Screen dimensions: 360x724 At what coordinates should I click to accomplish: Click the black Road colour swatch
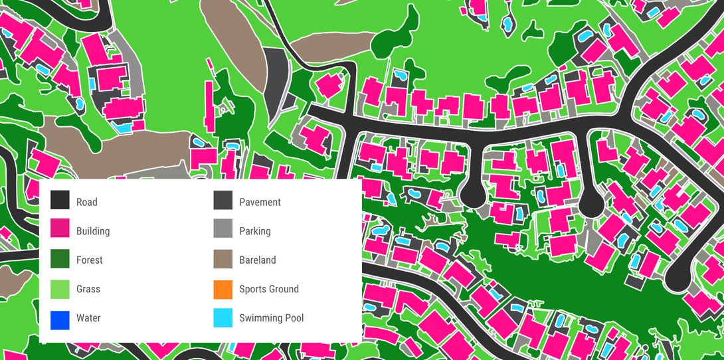[60, 202]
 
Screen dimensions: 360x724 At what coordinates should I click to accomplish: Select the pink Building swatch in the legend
[60, 231]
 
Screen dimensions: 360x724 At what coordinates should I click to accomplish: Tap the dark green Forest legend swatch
[60, 260]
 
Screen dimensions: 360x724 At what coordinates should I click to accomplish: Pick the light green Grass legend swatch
[60, 289]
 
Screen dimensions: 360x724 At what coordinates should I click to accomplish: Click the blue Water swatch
[60, 318]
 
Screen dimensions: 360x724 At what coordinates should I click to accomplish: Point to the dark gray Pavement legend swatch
[223, 202]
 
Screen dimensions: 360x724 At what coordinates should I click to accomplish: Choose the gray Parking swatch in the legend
[223, 231]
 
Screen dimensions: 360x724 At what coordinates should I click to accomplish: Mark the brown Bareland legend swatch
[223, 260]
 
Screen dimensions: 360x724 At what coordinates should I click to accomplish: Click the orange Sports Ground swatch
[223, 289]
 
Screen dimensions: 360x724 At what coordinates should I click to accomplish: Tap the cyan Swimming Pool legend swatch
[223, 318]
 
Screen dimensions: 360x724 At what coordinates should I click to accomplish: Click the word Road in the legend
[86, 202]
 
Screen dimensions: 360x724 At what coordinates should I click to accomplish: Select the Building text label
[93, 231]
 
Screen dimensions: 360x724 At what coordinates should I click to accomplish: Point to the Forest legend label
[90, 260]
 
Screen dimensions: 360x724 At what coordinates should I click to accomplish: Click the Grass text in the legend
[88, 289]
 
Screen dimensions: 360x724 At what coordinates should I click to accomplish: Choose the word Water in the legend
[88, 318]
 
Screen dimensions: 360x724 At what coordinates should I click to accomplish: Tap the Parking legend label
[255, 231]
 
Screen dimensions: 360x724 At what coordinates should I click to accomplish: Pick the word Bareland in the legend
[258, 260]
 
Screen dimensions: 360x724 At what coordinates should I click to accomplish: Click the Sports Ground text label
[269, 289]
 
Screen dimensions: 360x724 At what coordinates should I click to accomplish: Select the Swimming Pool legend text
[272, 318]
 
